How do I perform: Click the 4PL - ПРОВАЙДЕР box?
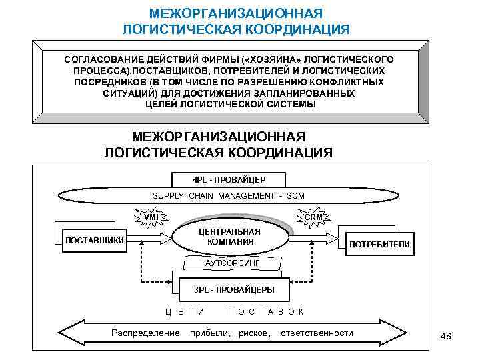(229, 180)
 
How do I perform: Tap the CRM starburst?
(313, 217)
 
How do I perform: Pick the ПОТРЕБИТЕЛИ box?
(380, 245)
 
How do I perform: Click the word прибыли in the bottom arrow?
(210, 333)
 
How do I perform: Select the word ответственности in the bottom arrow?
(317, 333)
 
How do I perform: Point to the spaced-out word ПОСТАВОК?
(266, 311)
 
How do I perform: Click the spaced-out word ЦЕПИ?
(185, 311)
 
